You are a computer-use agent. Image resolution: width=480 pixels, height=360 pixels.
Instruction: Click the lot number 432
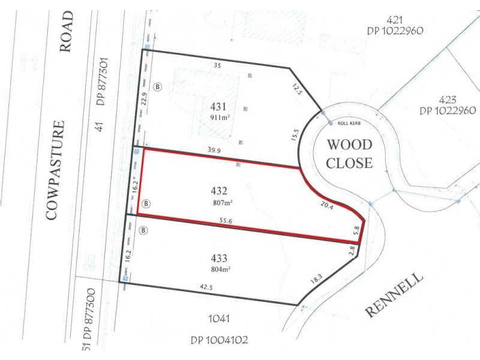[218, 192]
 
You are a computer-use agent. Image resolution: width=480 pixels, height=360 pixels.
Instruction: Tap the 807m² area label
[220, 203]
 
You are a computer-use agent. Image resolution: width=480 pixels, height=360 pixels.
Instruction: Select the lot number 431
[218, 107]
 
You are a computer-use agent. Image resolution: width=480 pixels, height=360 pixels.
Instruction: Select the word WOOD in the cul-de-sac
[349, 144]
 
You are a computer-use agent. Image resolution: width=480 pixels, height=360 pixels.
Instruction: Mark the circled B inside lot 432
[146, 204]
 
